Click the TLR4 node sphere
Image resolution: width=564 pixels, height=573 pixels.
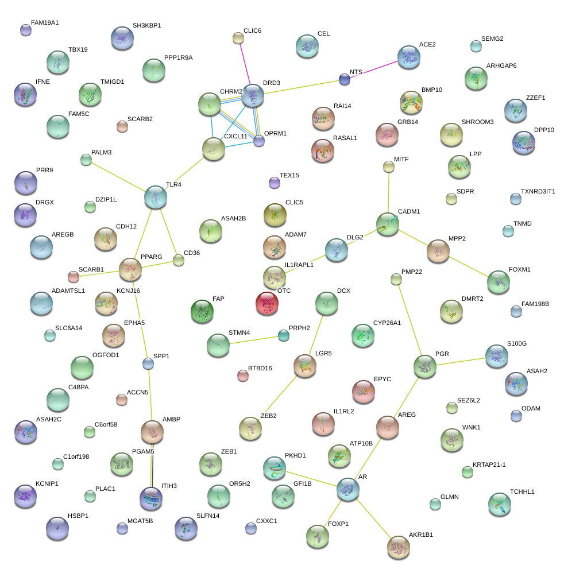click(x=156, y=197)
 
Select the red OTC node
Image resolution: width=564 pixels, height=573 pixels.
click(x=267, y=303)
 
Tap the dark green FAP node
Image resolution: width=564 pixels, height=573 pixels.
click(x=202, y=311)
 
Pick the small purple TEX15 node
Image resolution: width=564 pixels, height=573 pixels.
click(x=275, y=183)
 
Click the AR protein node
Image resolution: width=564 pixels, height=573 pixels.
click(x=348, y=489)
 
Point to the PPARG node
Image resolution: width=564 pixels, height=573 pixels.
click(x=130, y=268)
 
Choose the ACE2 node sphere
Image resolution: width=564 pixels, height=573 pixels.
click(x=409, y=57)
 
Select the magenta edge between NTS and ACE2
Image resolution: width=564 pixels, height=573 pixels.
click(x=376, y=68)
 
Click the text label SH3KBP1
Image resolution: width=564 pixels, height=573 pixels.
click(x=146, y=25)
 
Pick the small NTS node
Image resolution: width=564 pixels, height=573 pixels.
click(x=344, y=80)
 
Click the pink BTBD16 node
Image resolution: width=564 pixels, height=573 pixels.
click(x=243, y=375)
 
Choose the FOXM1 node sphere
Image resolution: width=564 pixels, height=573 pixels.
click(x=498, y=281)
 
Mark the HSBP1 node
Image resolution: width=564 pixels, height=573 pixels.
click(x=57, y=528)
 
